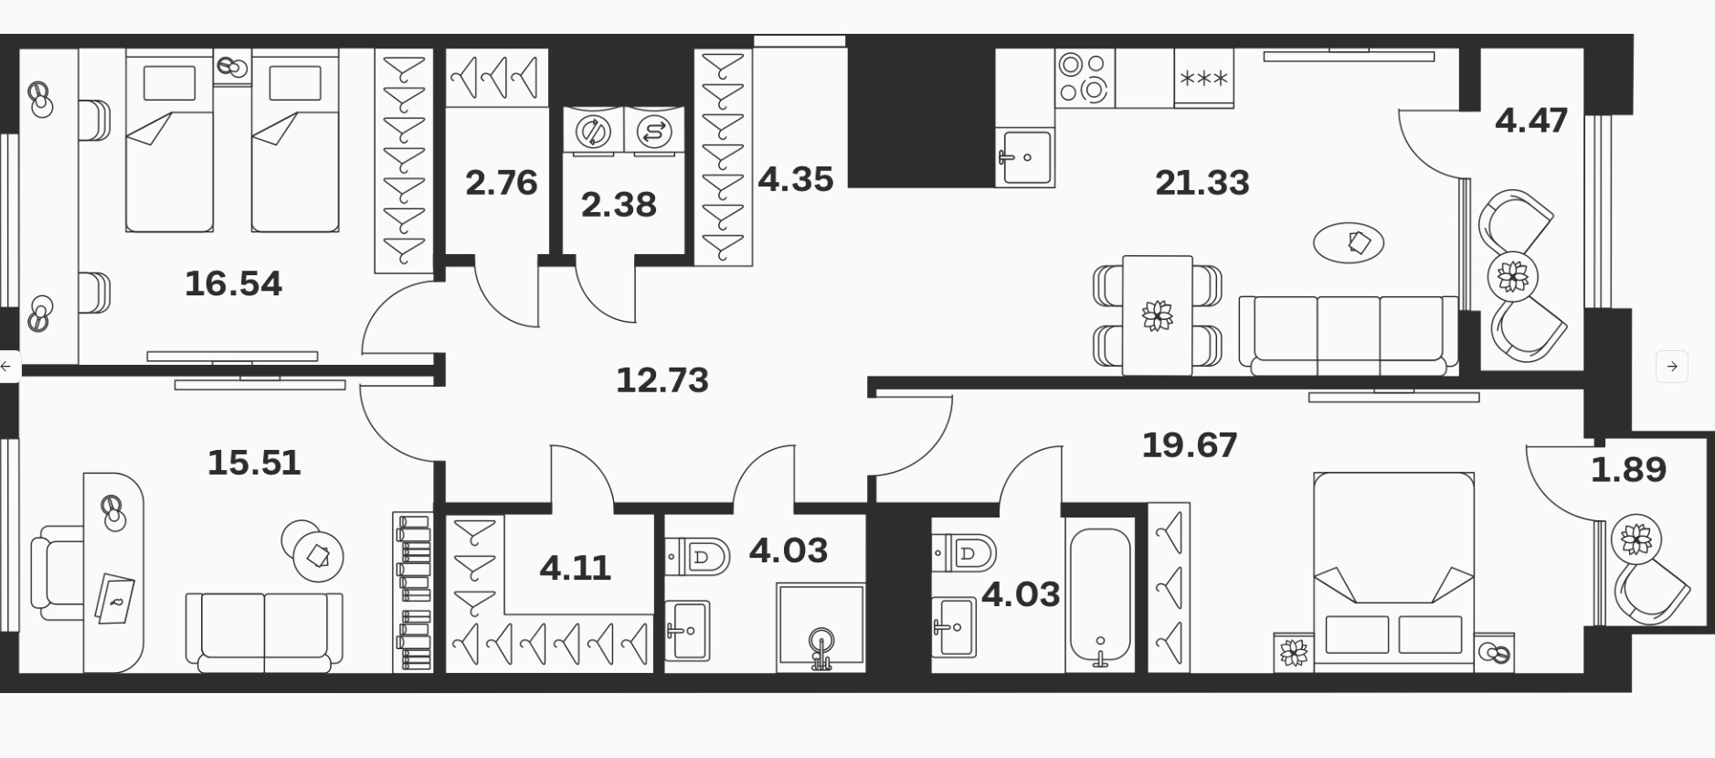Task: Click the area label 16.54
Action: [233, 283]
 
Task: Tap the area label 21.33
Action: [1202, 183]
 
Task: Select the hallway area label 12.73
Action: [662, 380]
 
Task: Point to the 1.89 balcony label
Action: [1628, 470]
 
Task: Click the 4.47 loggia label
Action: [1531, 121]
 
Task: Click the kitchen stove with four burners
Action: [1085, 78]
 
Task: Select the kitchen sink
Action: [1024, 157]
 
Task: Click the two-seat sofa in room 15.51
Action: [264, 629]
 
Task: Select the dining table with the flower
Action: [1158, 315]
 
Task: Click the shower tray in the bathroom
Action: [820, 628]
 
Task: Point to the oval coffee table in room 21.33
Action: [1349, 243]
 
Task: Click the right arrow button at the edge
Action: [1671, 367]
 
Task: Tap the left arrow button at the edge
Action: [7, 367]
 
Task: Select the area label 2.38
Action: [619, 205]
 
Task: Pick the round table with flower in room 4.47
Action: [1513, 276]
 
